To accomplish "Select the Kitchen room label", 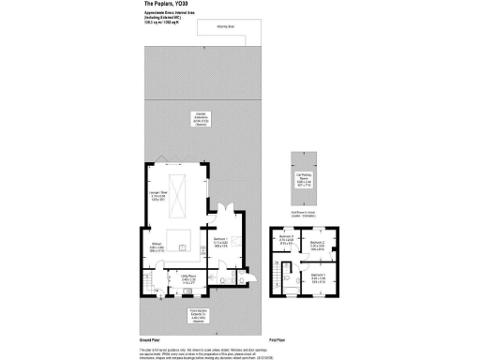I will pos(156,248).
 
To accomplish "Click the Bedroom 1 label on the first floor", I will pos(318,277).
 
